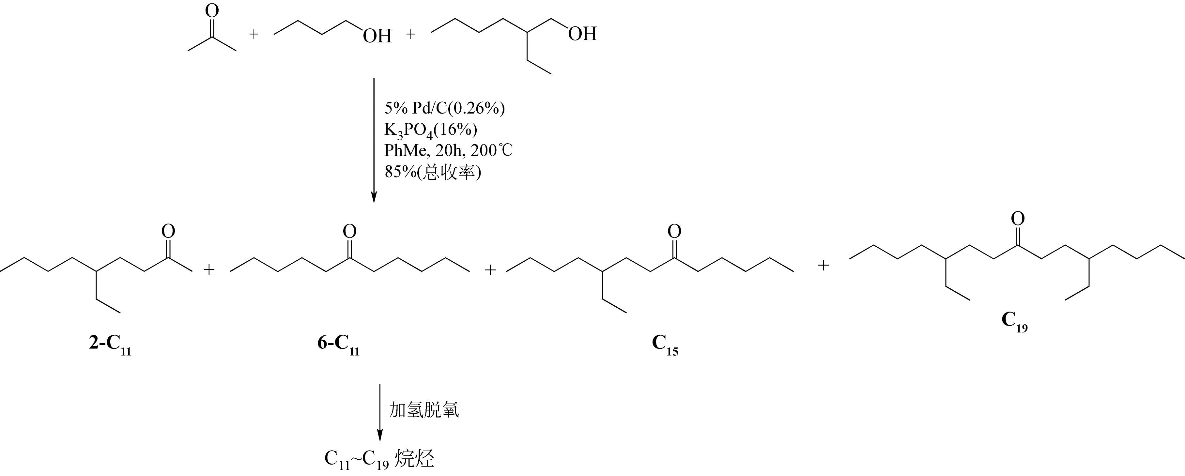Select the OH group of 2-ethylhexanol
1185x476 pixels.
(x=582, y=34)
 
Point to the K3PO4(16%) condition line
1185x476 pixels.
(x=431, y=130)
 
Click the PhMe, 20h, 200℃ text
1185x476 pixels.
(x=448, y=150)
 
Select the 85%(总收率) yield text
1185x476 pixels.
(x=432, y=173)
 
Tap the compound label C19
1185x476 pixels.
(x=1014, y=321)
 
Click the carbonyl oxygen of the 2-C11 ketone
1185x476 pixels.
(x=168, y=231)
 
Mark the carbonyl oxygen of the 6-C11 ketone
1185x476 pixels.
(x=350, y=231)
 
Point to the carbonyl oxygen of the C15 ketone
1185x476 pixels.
(x=674, y=231)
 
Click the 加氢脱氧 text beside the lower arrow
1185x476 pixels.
(x=424, y=410)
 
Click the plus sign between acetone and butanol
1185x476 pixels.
(x=254, y=35)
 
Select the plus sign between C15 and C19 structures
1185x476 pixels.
(x=823, y=265)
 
